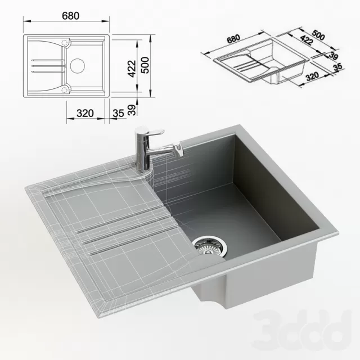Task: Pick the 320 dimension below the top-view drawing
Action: coord(84,113)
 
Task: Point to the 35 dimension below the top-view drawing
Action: coord(118,113)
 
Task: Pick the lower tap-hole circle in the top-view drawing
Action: coord(65,88)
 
